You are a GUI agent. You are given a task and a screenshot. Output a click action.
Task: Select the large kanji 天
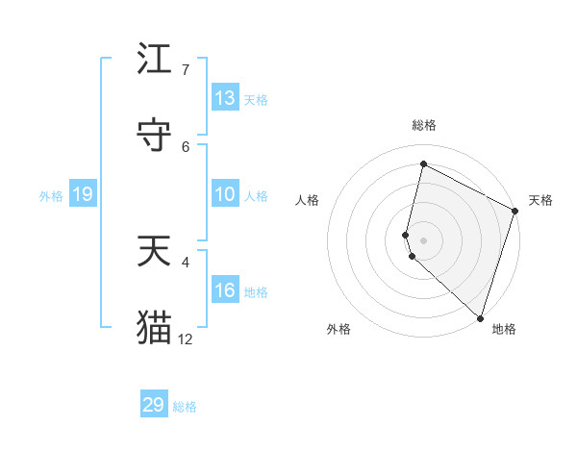tap(155, 251)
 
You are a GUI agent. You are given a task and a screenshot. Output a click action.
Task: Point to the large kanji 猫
tap(155, 327)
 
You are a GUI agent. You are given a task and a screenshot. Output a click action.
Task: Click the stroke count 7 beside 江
tap(186, 69)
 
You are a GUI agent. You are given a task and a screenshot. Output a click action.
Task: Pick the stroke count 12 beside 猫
tap(186, 339)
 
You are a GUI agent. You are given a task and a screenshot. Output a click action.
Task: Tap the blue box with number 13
tap(225, 98)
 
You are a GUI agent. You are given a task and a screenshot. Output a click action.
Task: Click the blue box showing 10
tap(225, 194)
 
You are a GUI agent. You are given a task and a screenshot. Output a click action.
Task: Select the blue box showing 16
tap(225, 290)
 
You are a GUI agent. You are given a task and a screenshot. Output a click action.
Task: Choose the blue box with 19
tap(82, 195)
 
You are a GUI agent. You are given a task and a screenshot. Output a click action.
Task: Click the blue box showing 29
tap(154, 405)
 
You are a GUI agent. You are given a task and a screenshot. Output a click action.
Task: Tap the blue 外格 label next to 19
tap(51, 196)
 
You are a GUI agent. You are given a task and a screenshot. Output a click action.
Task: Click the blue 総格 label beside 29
tap(186, 407)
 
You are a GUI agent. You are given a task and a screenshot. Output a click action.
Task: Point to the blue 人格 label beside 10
tap(256, 196)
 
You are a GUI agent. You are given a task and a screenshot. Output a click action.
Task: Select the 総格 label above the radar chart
tap(424, 125)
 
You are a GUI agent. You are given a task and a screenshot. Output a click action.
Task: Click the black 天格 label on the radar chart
tap(540, 200)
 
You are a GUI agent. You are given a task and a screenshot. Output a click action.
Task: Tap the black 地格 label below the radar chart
tap(504, 329)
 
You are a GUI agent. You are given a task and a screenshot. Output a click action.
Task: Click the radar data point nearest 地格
tap(480, 316)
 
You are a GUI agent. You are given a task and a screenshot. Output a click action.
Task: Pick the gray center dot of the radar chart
tap(424, 239)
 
